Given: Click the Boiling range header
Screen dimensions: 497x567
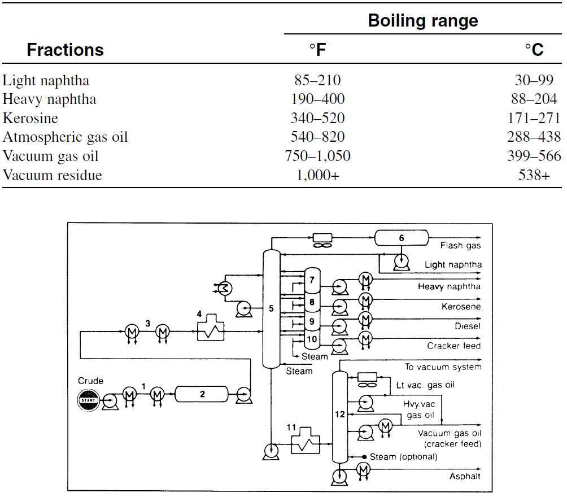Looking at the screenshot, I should (423, 21).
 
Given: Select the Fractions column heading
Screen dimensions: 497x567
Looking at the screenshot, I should (65, 50).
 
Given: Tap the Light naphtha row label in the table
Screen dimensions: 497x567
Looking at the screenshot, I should (46, 80).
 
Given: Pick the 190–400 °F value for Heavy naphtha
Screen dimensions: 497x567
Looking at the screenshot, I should (317, 99).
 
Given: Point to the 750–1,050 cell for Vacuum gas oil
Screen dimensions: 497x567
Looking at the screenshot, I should (317, 156).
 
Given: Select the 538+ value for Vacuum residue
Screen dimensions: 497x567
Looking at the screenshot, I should (534, 175).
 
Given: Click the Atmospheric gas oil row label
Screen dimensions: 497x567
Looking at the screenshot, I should (65, 137).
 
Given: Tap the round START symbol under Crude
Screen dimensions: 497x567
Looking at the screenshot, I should (88, 400).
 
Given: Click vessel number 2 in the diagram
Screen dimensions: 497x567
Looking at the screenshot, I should (202, 394).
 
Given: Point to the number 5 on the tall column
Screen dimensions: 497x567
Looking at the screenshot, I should (271, 308).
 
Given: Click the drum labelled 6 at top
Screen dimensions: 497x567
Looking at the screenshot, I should (402, 238).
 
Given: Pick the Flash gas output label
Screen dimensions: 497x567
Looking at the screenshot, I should (460, 246).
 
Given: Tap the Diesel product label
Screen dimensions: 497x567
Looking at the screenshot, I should (468, 326).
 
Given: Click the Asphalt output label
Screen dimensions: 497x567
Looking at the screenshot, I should (465, 476).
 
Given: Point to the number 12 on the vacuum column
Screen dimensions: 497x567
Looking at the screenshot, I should (340, 414).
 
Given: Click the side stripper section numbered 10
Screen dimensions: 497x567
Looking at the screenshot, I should (312, 339).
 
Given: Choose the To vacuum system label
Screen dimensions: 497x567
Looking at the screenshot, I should (443, 367).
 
